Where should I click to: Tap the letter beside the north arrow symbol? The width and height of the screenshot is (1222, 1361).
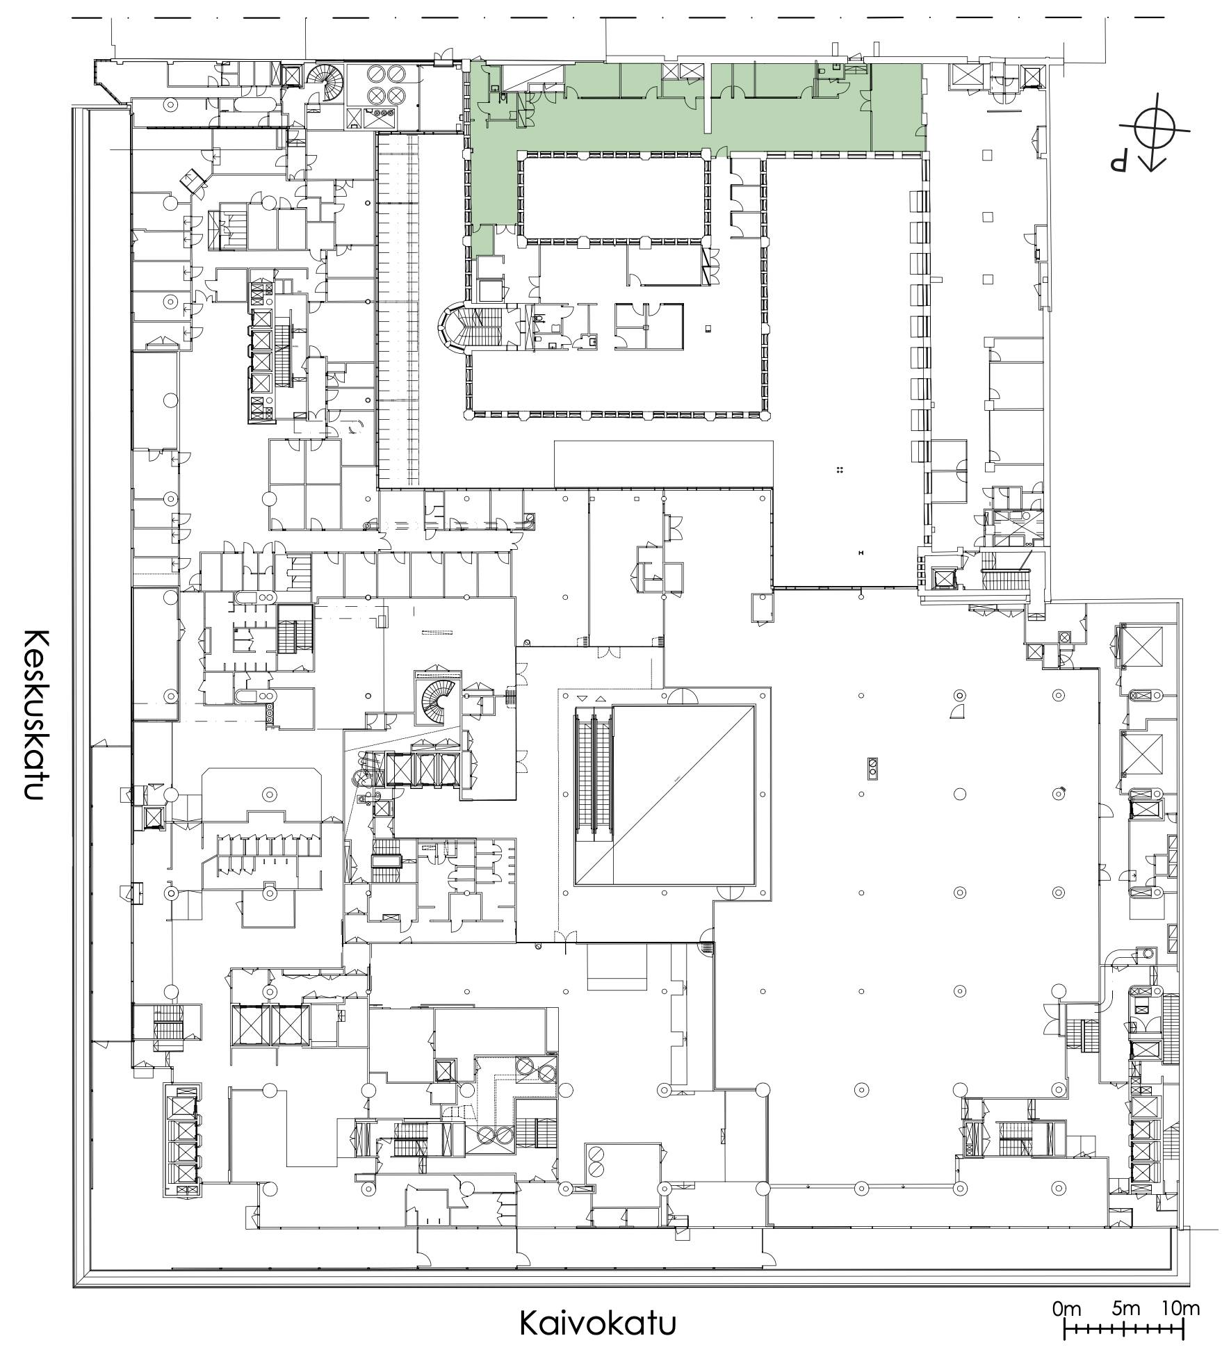[1119, 163]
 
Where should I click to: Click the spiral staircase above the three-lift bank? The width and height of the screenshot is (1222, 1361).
[438, 702]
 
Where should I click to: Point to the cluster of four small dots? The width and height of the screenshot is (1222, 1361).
[840, 471]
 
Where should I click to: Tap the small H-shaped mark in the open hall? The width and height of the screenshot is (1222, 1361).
[861, 553]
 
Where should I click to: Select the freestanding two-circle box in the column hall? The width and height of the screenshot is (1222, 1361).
[872, 767]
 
